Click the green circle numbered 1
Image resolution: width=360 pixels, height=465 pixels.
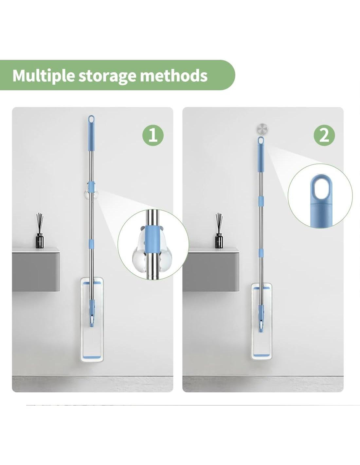[153, 135]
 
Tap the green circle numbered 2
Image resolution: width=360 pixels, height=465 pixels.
[324, 135]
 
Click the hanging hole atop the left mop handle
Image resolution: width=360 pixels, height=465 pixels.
[91, 119]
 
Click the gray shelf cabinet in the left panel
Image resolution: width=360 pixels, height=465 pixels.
[36, 269]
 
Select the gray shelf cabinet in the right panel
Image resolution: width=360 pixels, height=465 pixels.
[211, 269]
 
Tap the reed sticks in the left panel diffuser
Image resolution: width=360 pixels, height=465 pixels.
[39, 223]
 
